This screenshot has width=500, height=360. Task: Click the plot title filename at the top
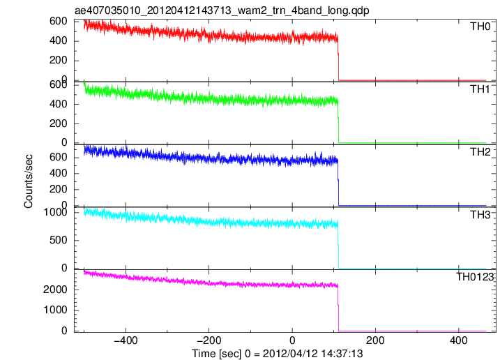pyautogui.click(x=222, y=10)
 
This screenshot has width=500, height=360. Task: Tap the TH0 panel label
pyautogui.click(x=480, y=27)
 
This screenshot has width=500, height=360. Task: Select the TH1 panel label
pyautogui.click(x=480, y=89)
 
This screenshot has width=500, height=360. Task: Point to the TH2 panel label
pyautogui.click(x=480, y=152)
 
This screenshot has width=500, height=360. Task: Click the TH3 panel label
pyautogui.click(x=480, y=215)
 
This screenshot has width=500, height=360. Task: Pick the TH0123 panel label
pyautogui.click(x=475, y=277)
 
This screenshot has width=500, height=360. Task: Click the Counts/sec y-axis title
pyautogui.click(x=29, y=181)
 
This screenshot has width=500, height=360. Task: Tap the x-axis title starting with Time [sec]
pyautogui.click(x=277, y=354)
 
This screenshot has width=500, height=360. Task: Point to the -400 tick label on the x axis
pyautogui.click(x=126, y=340)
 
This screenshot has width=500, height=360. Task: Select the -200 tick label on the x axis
pyautogui.click(x=209, y=340)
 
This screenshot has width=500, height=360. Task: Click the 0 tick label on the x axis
pyautogui.click(x=292, y=340)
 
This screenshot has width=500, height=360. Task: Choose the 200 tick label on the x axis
pyautogui.click(x=375, y=340)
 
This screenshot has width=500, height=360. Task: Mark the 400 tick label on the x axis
pyautogui.click(x=459, y=340)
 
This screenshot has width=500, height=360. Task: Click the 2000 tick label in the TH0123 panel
pyautogui.click(x=56, y=290)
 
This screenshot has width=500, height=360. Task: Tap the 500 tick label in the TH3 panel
pyautogui.click(x=59, y=240)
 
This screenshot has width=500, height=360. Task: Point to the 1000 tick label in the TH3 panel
pyautogui.click(x=56, y=212)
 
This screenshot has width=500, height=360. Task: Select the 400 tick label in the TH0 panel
pyautogui.click(x=59, y=41)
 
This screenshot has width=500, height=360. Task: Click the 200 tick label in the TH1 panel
pyautogui.click(x=59, y=123)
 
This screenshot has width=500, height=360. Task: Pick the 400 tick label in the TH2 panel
pyautogui.click(x=59, y=173)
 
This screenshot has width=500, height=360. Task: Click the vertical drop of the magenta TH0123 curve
pyautogui.click(x=338, y=308)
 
